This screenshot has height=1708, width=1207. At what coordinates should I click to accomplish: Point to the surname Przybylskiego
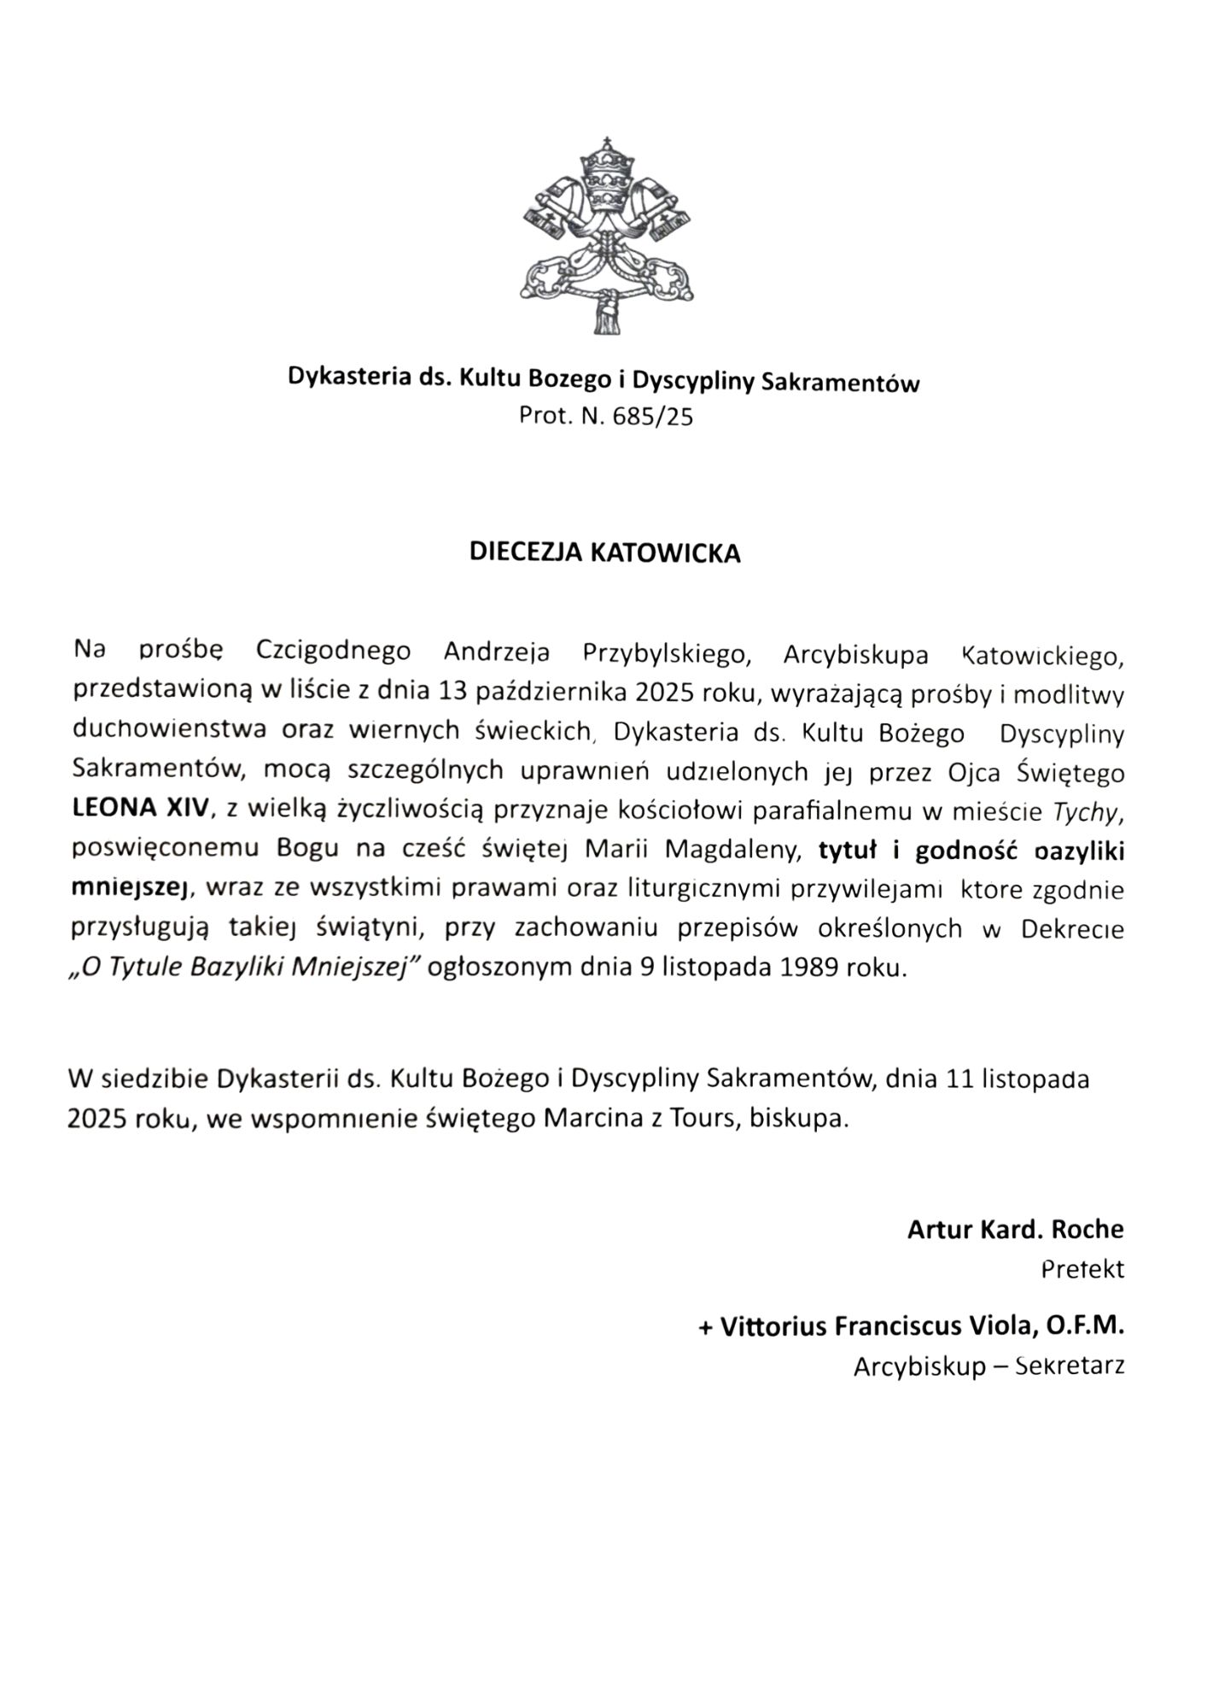click(667, 653)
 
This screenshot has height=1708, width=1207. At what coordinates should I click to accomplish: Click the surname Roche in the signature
click(1087, 1230)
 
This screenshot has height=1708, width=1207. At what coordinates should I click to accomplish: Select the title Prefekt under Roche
click(1083, 1269)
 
